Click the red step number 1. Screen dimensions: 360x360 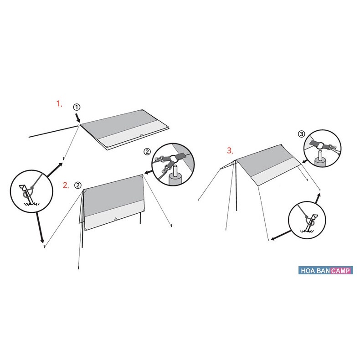59,104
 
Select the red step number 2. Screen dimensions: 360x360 66,185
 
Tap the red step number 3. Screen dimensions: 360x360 231,150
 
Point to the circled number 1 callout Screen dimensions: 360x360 77,107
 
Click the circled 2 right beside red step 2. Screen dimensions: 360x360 78,185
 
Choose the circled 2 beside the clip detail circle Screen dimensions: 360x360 147,152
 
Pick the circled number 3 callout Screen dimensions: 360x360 301,134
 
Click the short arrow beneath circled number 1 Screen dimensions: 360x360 78,118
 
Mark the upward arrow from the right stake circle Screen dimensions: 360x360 318,197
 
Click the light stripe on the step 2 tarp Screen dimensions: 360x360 114,220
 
